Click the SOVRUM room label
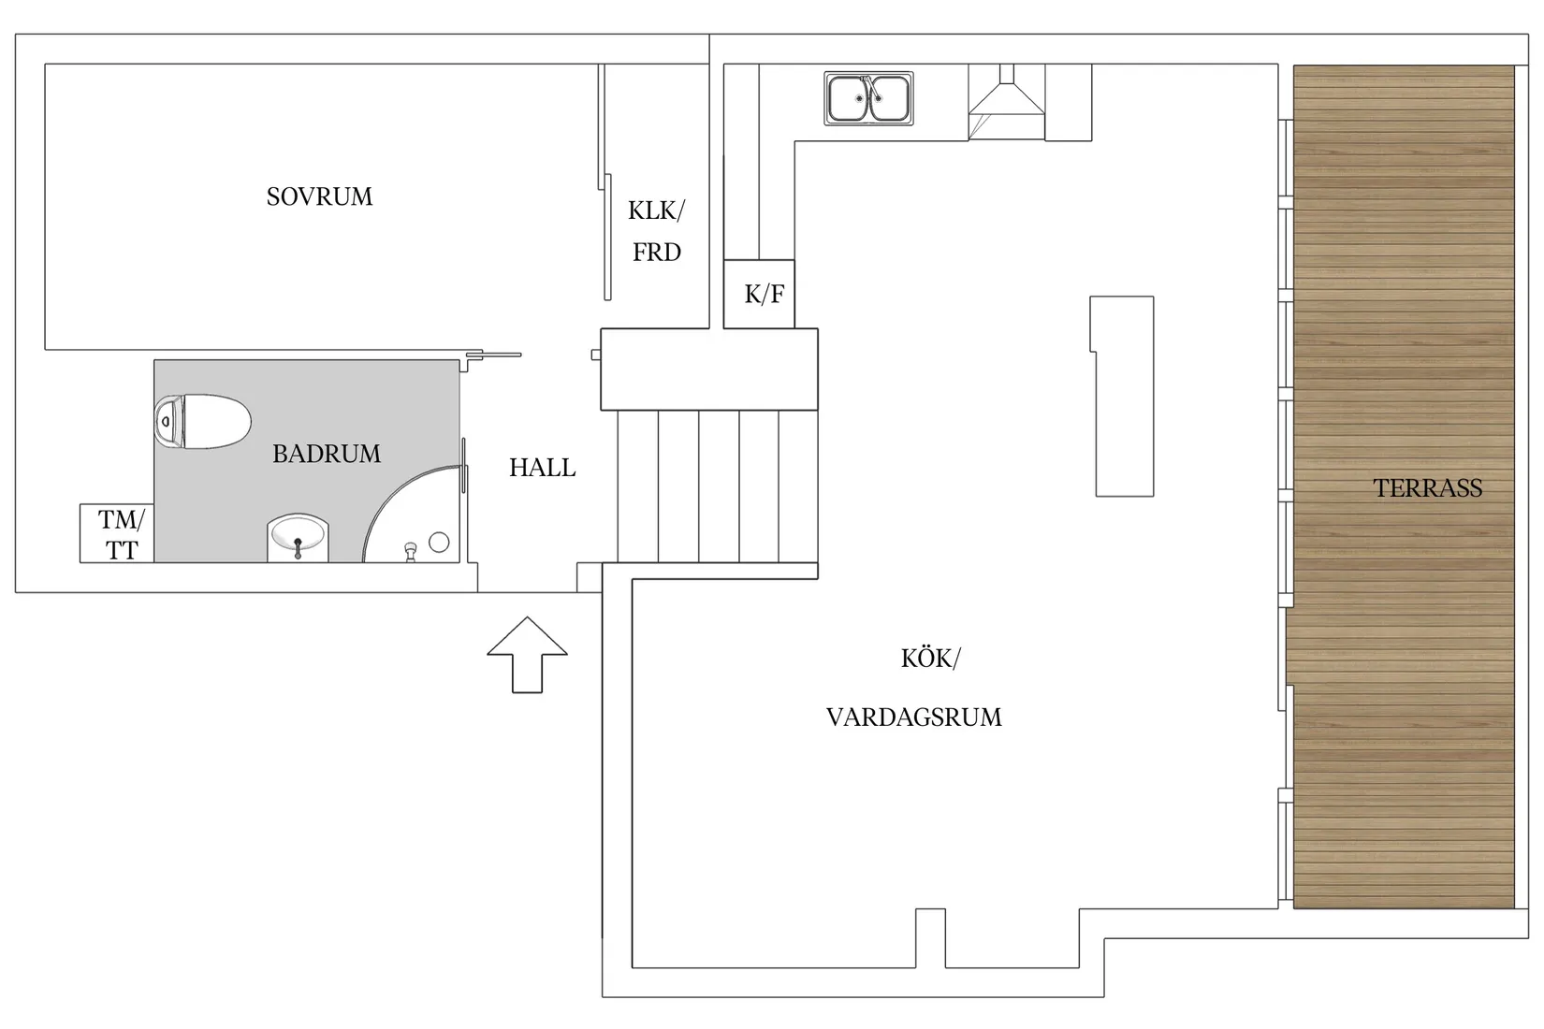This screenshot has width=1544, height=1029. (x=319, y=196)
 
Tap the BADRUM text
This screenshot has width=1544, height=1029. (x=327, y=454)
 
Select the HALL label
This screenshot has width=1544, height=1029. (x=542, y=468)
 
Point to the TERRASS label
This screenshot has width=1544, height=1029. (x=1427, y=488)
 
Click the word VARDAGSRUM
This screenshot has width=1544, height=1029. (x=913, y=717)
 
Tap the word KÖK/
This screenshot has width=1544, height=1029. (x=930, y=659)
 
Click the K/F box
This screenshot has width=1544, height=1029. (x=760, y=295)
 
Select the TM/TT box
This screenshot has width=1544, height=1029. (x=118, y=534)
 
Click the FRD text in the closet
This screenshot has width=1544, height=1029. (x=656, y=253)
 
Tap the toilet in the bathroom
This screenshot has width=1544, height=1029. (x=203, y=422)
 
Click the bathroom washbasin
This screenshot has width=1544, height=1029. (x=298, y=537)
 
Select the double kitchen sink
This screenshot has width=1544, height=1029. (x=868, y=98)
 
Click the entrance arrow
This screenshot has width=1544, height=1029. (x=527, y=654)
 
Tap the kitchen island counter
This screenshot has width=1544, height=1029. (x=1123, y=396)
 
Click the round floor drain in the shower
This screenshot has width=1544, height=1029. (x=439, y=542)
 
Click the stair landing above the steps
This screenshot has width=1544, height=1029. (x=708, y=370)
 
